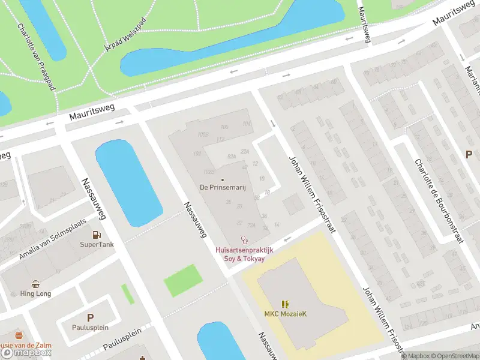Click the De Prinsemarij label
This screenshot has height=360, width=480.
pos(223,188)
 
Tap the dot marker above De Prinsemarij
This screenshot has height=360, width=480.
pos(223,179)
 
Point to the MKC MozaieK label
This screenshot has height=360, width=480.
pos(284,314)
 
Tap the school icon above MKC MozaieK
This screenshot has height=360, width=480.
pos(284,305)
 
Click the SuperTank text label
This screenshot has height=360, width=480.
pos(97,245)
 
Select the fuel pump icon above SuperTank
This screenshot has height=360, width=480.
pos(97,235)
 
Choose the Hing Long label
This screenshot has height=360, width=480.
pos(36,294)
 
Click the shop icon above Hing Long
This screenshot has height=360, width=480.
pos(36,284)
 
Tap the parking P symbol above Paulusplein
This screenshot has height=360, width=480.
pos(91,318)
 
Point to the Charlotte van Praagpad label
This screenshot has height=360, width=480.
pos(36,57)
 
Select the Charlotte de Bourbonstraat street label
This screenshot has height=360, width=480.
pos(439,201)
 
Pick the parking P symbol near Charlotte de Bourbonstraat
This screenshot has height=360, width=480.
pos(469,154)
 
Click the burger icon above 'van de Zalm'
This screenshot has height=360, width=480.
pos(19,335)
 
